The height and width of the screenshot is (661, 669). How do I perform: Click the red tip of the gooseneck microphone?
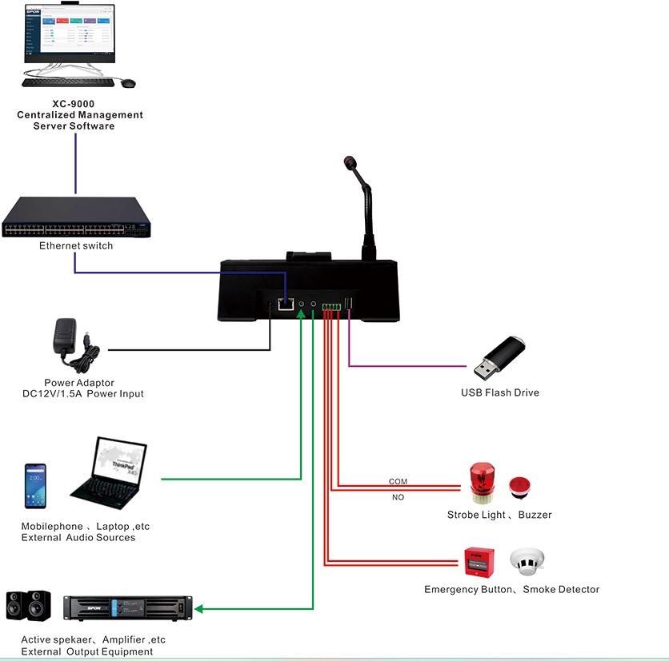pos(350,163)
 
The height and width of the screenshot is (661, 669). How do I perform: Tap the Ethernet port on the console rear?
pos(284,304)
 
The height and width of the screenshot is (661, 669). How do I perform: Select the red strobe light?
pos(482,482)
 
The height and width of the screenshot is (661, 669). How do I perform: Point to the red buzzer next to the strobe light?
pos(519,486)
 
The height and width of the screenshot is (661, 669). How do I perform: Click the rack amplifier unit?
pos(128,608)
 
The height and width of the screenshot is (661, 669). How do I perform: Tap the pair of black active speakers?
pos(29,606)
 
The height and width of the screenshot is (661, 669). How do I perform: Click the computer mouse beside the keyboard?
pos(128,82)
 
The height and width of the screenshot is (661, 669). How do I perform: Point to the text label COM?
pos(398,481)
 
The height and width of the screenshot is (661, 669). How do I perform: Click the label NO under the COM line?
pos(398,497)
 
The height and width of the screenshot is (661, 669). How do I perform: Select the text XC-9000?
pos(79,103)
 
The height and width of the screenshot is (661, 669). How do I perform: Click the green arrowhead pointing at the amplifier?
pos(199,609)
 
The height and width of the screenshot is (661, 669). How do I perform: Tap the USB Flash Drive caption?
pos(499,392)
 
